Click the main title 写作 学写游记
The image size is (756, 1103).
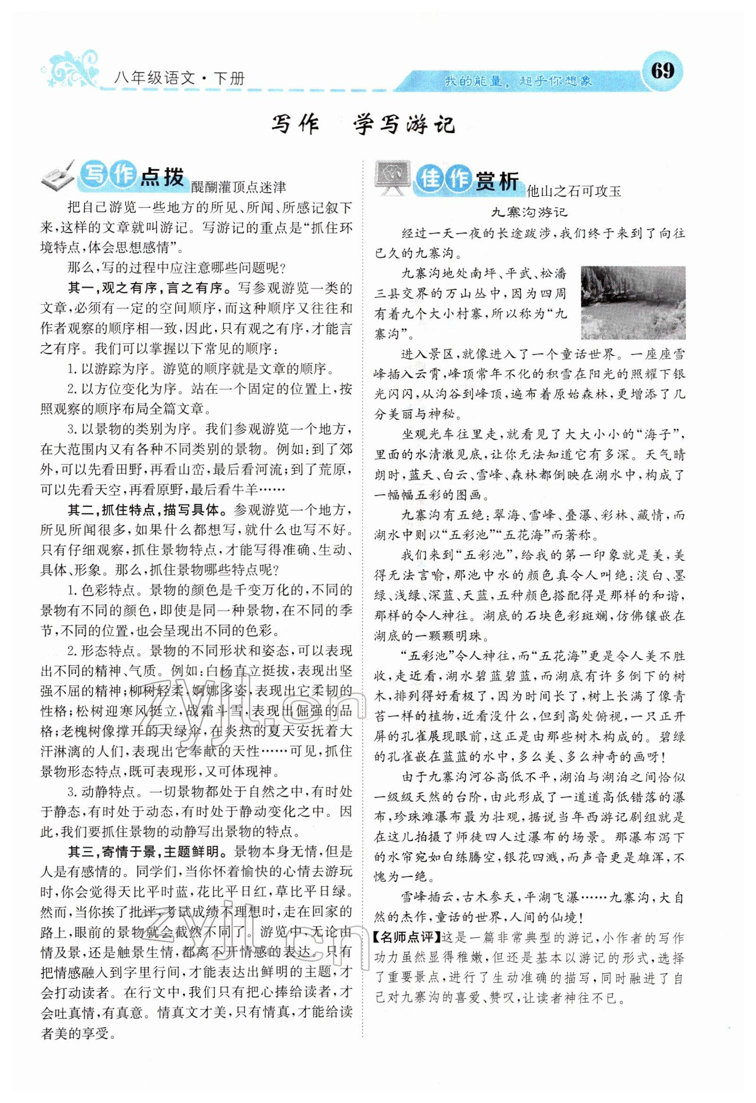363,125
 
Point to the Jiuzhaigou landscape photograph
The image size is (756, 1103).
633,303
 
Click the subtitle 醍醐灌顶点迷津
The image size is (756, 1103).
238,187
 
